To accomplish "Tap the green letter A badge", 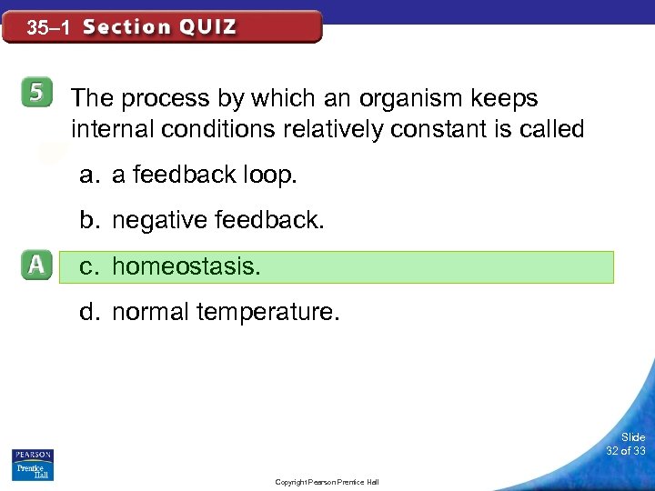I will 35,266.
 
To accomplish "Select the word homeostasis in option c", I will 186,266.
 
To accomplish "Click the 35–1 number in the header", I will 48,28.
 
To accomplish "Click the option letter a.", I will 87,175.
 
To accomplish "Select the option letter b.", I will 87,219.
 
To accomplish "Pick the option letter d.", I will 87,312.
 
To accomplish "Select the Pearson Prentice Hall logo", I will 32,465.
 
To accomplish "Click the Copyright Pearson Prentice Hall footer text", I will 327,482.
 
